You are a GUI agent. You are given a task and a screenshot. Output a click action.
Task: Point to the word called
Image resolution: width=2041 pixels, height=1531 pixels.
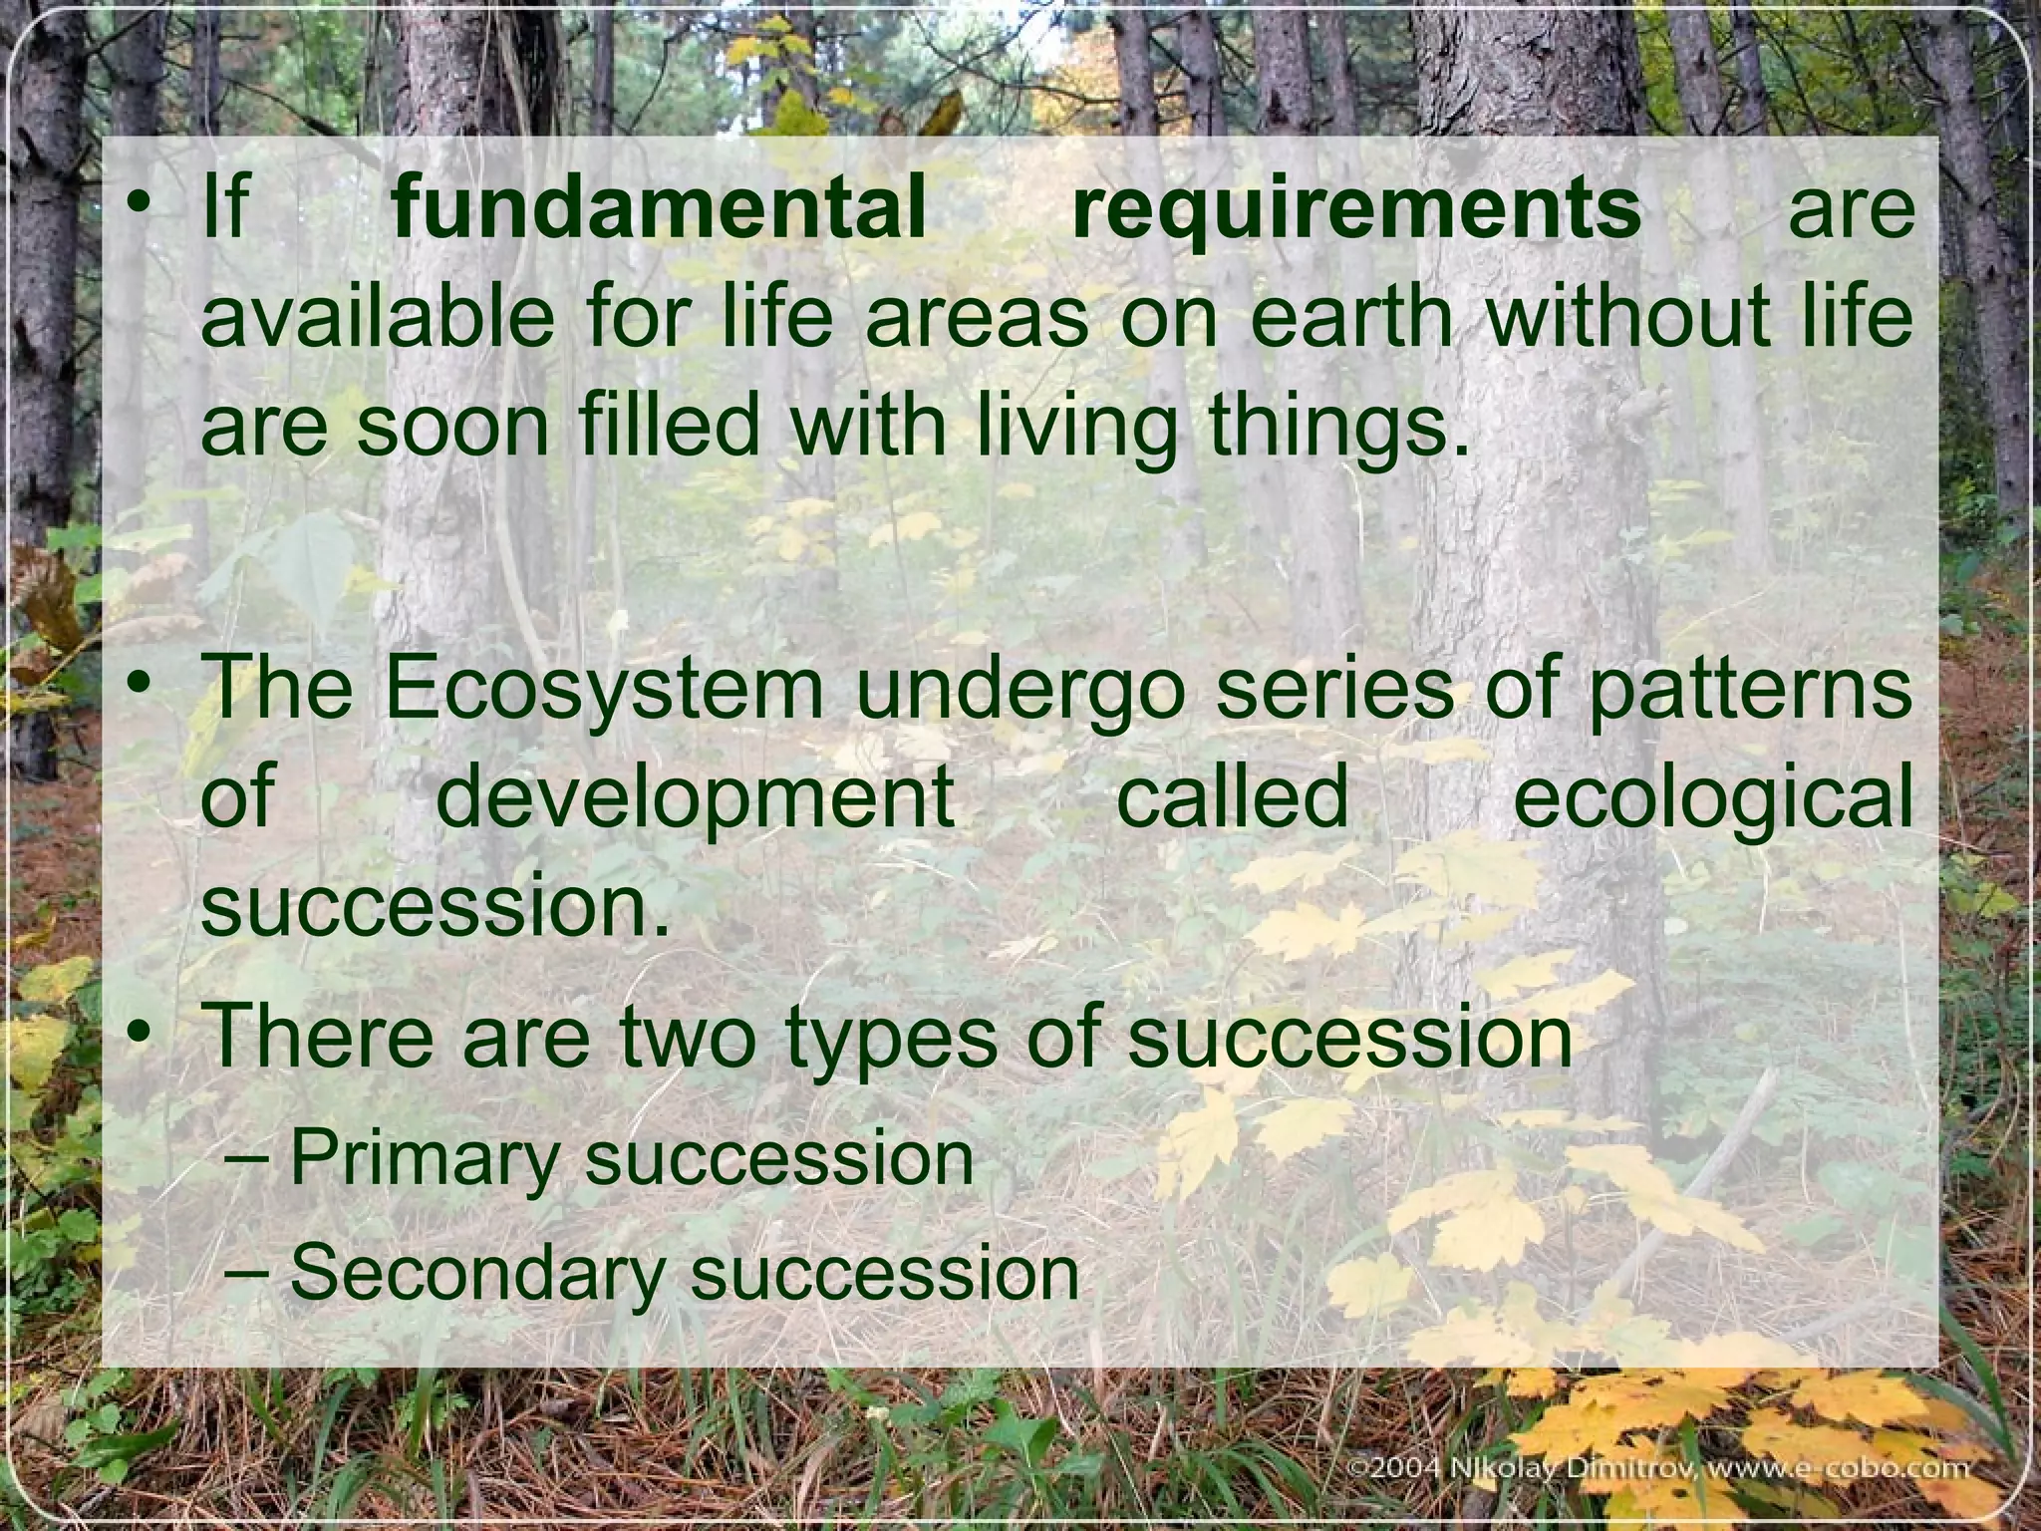[x=1233, y=796]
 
